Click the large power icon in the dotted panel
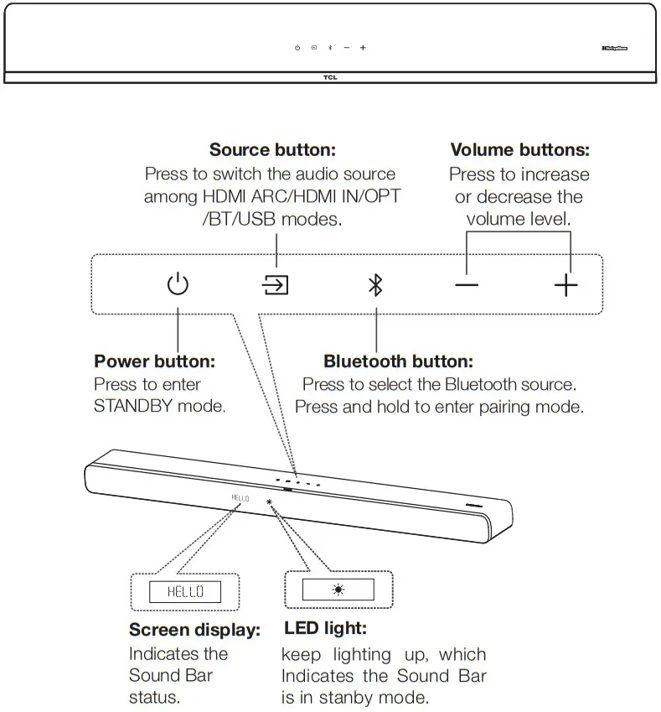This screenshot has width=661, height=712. (178, 285)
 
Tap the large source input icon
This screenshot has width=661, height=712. (276, 285)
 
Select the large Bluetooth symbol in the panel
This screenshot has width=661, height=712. (375, 285)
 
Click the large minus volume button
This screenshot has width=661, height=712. (467, 286)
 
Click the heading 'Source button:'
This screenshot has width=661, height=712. (272, 150)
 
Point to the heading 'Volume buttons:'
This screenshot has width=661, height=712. (519, 150)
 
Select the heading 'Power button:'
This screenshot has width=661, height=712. (154, 361)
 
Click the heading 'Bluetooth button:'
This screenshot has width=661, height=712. (398, 361)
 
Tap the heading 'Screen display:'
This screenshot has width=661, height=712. (194, 630)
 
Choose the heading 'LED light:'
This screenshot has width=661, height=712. (325, 627)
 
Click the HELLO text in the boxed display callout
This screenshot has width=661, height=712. (185, 592)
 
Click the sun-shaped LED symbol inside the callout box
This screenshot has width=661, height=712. (338, 590)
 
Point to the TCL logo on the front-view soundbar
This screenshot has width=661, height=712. (330, 77)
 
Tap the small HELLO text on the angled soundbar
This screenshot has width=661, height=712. (240, 498)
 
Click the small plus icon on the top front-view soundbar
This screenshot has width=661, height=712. (363, 48)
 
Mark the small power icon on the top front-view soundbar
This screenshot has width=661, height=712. (297, 48)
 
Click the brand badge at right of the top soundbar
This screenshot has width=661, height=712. (614, 48)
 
